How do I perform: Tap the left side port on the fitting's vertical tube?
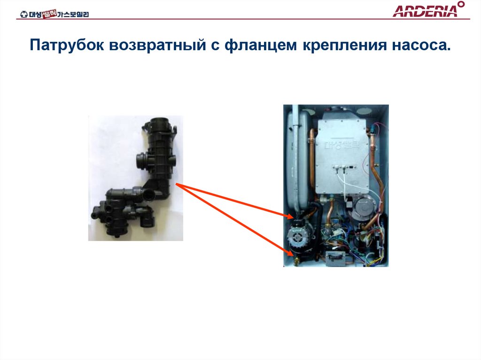[139, 161]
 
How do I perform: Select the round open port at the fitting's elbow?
[149, 194]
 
